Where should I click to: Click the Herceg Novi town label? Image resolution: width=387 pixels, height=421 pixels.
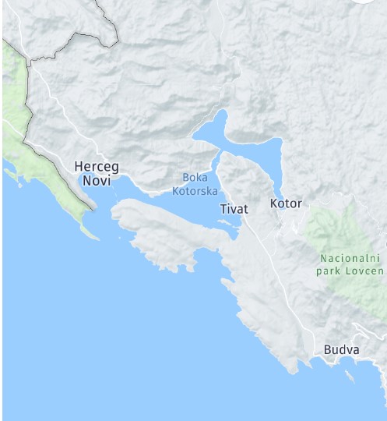click(x=97, y=173)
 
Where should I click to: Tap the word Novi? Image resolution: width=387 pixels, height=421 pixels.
click(x=97, y=181)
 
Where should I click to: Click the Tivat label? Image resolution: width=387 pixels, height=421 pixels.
click(x=234, y=209)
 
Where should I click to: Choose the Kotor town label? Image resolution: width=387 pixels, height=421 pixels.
click(x=285, y=203)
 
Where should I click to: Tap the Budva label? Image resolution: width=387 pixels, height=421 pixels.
click(x=342, y=350)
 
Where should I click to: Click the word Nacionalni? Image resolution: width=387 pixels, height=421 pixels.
click(x=350, y=258)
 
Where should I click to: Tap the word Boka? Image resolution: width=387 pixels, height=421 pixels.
click(x=195, y=177)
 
